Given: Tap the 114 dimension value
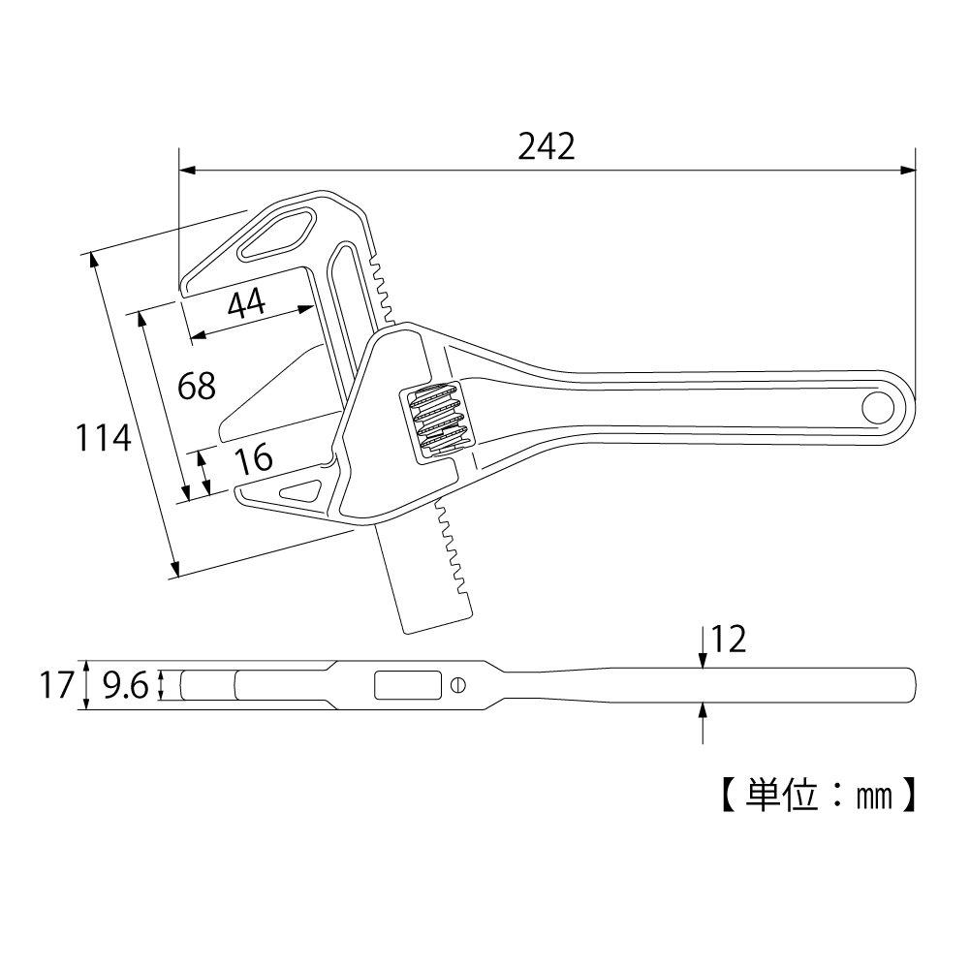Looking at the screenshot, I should pyautogui.click(x=104, y=439).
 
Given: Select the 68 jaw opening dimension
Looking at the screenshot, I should pyautogui.click(x=197, y=386).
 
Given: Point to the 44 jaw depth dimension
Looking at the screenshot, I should pyautogui.click(x=246, y=304).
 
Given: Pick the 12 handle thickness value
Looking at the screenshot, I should pyautogui.click(x=729, y=640).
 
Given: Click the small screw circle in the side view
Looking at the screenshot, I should pyautogui.click(x=458, y=685).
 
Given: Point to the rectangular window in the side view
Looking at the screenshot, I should pyautogui.click(x=406, y=685).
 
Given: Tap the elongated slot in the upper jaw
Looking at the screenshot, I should pyautogui.click(x=277, y=234).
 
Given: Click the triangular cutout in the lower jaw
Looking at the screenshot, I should pyautogui.click(x=302, y=490).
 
